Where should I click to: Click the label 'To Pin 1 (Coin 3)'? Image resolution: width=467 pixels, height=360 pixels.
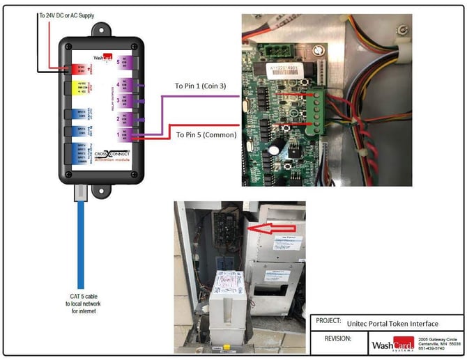point(205,87)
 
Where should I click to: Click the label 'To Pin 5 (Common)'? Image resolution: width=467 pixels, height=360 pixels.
point(206,134)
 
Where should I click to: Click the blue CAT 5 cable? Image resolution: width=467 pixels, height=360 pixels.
point(83,237)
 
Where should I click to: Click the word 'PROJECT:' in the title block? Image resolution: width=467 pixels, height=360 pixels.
point(327,322)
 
